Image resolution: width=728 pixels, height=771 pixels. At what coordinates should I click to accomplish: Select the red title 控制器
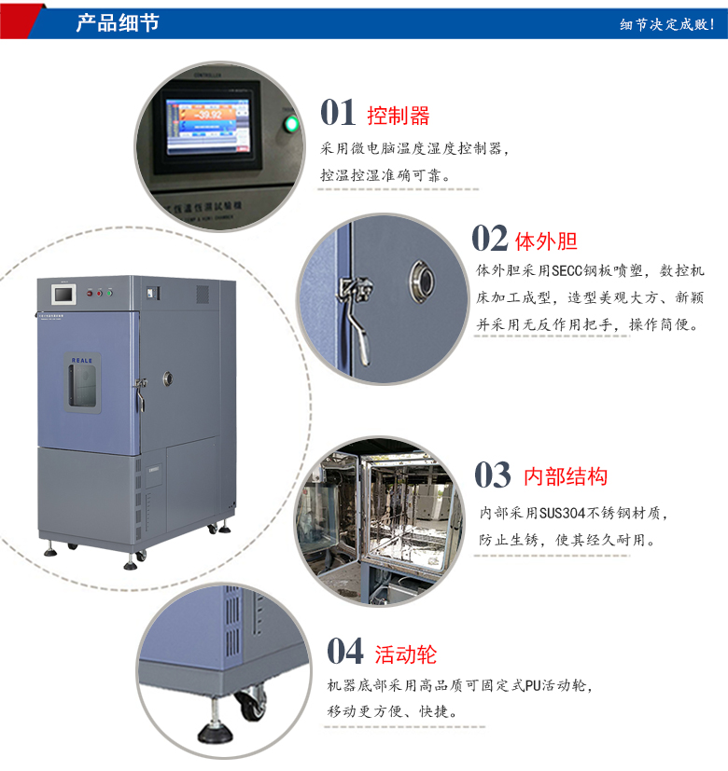point(399,116)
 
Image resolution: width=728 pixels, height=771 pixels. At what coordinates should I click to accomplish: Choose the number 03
point(492,475)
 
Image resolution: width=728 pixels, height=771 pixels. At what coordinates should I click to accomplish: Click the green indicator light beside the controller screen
point(291,124)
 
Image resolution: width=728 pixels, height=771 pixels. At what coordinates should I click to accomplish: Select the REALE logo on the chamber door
point(80,357)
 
